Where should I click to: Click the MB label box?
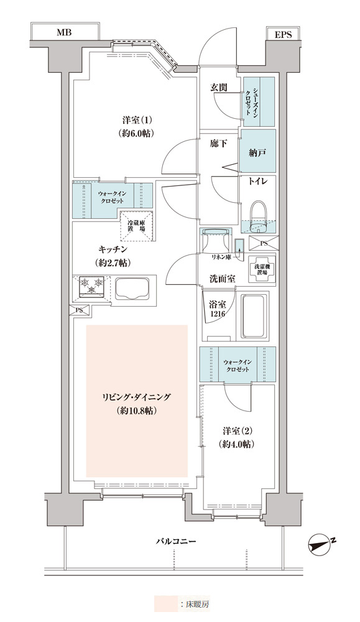click(65, 32)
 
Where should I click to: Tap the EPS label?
click(283, 35)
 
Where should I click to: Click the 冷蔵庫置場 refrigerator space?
click(136, 226)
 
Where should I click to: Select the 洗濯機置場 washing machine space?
click(261, 268)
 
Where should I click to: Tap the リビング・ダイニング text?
click(136, 396)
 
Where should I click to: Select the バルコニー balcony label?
click(175, 541)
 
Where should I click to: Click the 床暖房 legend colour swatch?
click(166, 604)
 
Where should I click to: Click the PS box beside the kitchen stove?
click(80, 310)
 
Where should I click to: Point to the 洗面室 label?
click(222, 279)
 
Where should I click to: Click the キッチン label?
click(113, 249)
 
